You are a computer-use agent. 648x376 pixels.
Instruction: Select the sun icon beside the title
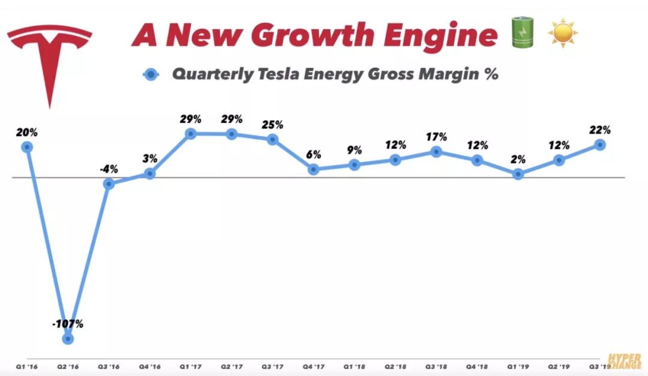point(562,34)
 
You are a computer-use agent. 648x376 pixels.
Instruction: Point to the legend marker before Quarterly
point(151,75)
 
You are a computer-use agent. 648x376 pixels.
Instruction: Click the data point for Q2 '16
point(68,339)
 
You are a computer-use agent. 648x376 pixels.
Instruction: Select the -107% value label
point(67,324)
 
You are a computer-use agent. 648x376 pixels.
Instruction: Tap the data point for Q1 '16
point(26,147)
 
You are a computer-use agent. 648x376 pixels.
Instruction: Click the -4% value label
point(109,169)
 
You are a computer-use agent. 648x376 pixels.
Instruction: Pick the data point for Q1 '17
point(190,134)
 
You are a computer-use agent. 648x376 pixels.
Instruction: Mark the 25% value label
point(272,125)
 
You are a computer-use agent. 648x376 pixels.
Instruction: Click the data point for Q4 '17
point(313,170)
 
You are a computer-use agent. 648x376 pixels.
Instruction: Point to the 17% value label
point(436,137)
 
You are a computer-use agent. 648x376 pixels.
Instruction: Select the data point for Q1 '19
point(518,174)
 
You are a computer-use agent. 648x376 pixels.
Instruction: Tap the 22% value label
point(599,130)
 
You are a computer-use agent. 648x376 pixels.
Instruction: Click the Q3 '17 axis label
point(272,366)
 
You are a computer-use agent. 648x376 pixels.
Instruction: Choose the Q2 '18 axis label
point(395,366)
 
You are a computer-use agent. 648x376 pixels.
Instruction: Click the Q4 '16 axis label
point(149,366)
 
